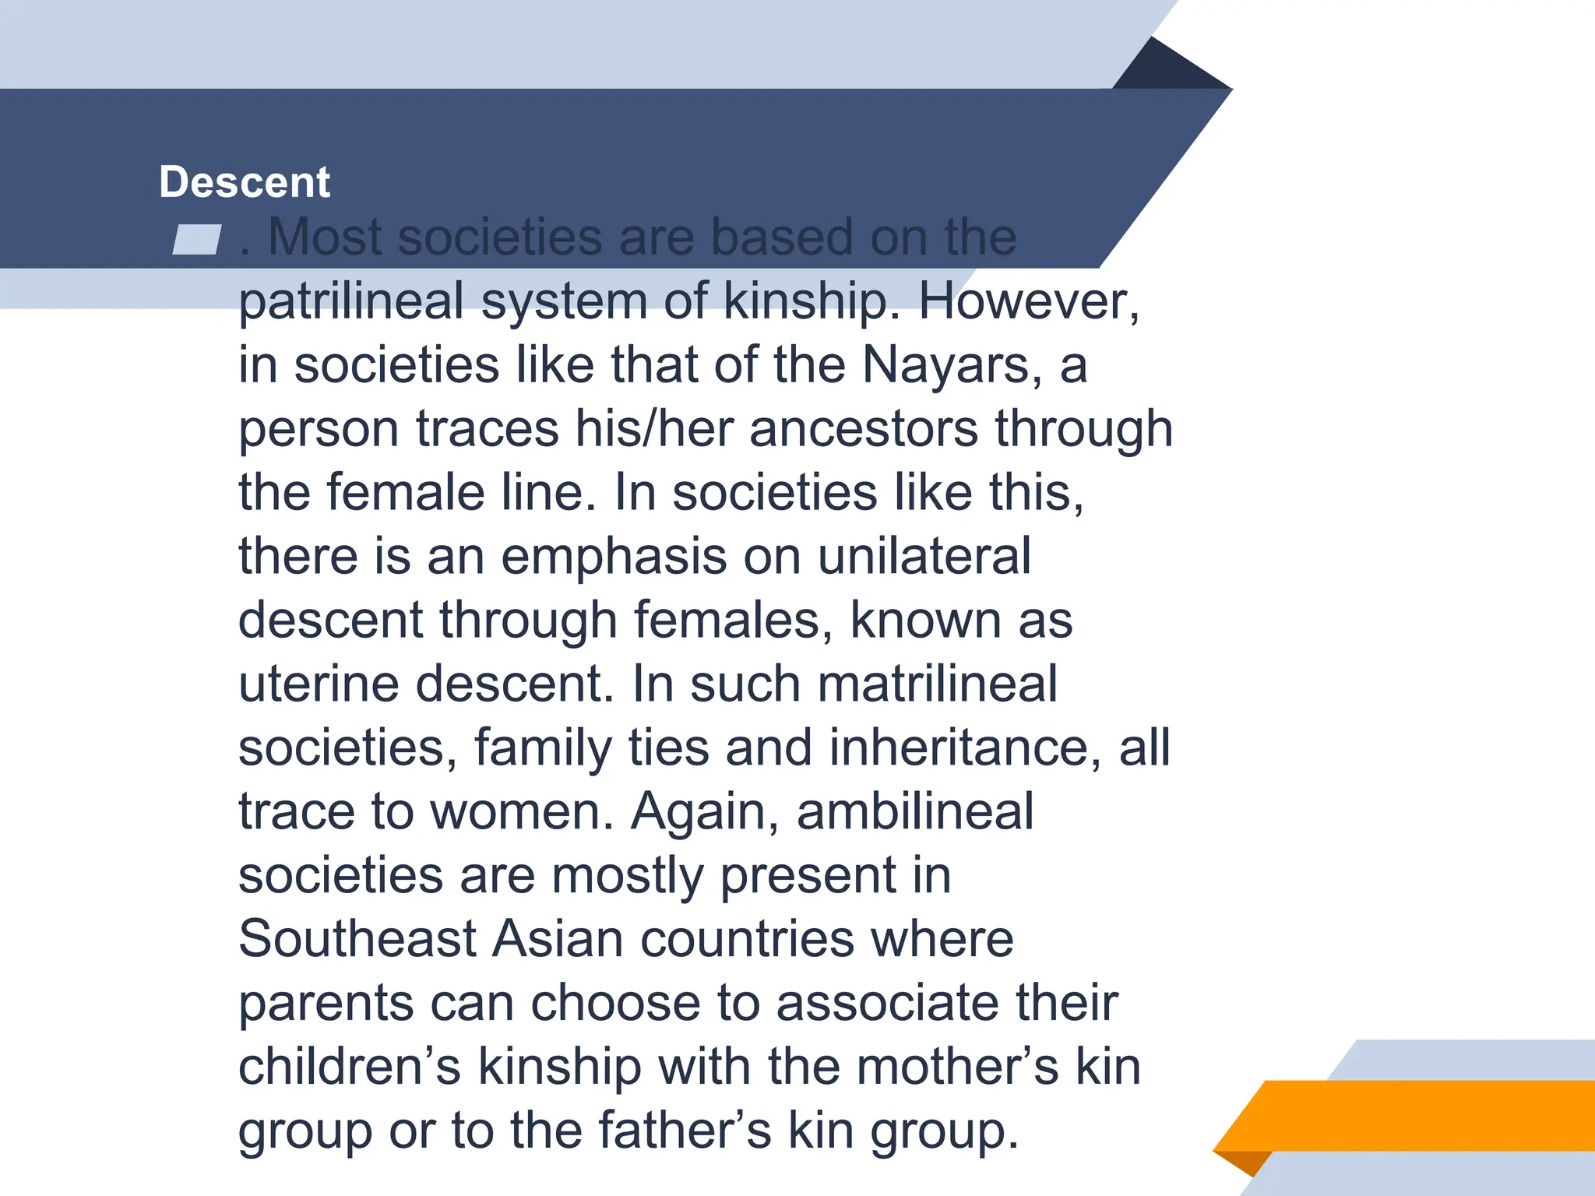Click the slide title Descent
click(245, 182)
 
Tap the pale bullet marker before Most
click(196, 239)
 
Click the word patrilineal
click(350, 301)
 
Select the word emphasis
click(613, 557)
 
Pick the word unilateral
click(924, 557)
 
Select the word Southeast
click(357, 940)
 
